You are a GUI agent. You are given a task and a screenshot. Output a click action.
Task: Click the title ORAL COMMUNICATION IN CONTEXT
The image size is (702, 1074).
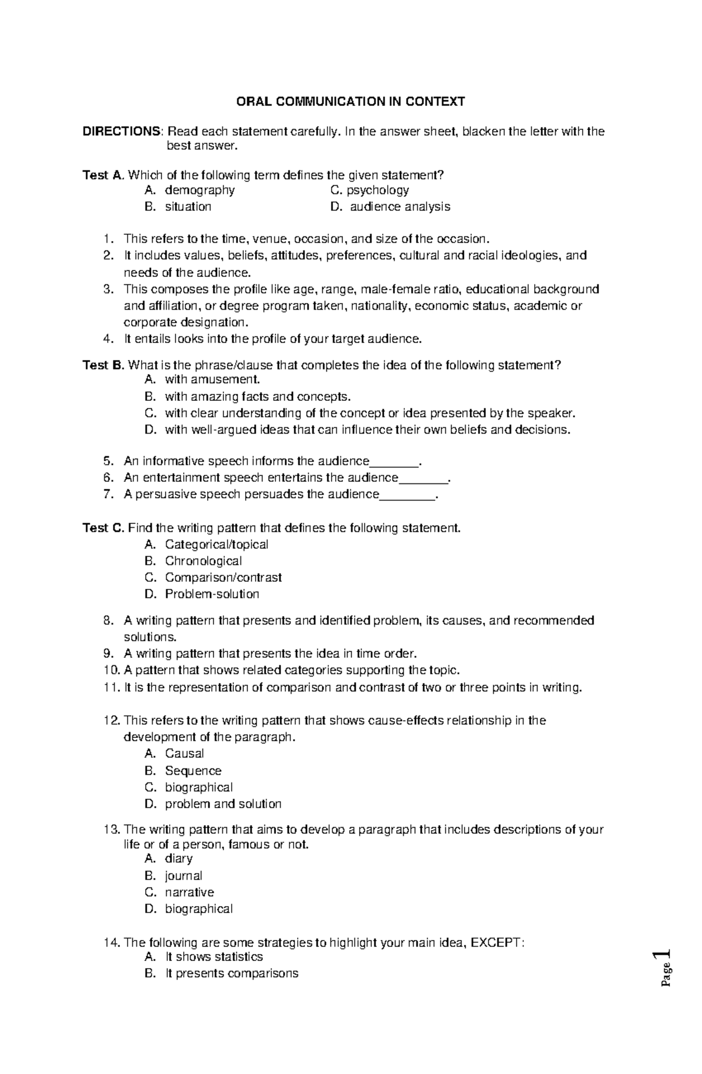point(350,102)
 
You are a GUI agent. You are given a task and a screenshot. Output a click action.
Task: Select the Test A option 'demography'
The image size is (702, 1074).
point(199,190)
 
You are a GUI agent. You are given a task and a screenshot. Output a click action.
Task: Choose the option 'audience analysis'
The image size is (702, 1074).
point(400,207)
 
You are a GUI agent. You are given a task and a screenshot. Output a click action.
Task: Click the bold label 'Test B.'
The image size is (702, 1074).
point(104,365)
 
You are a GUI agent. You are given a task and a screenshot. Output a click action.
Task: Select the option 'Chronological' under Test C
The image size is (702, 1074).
point(203,561)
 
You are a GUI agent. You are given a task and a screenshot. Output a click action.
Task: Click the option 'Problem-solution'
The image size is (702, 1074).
point(212,594)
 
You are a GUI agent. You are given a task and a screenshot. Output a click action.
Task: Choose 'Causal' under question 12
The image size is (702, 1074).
point(184,754)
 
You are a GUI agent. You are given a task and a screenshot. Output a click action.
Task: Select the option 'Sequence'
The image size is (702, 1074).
point(193,771)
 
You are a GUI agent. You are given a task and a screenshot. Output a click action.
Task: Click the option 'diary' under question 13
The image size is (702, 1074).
point(178,859)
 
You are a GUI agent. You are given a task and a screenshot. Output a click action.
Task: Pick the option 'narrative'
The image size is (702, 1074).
point(189,893)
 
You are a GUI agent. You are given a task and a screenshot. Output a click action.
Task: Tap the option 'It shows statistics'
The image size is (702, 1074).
point(214,957)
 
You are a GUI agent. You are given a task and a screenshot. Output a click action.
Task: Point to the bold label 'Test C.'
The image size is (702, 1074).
point(104,528)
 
